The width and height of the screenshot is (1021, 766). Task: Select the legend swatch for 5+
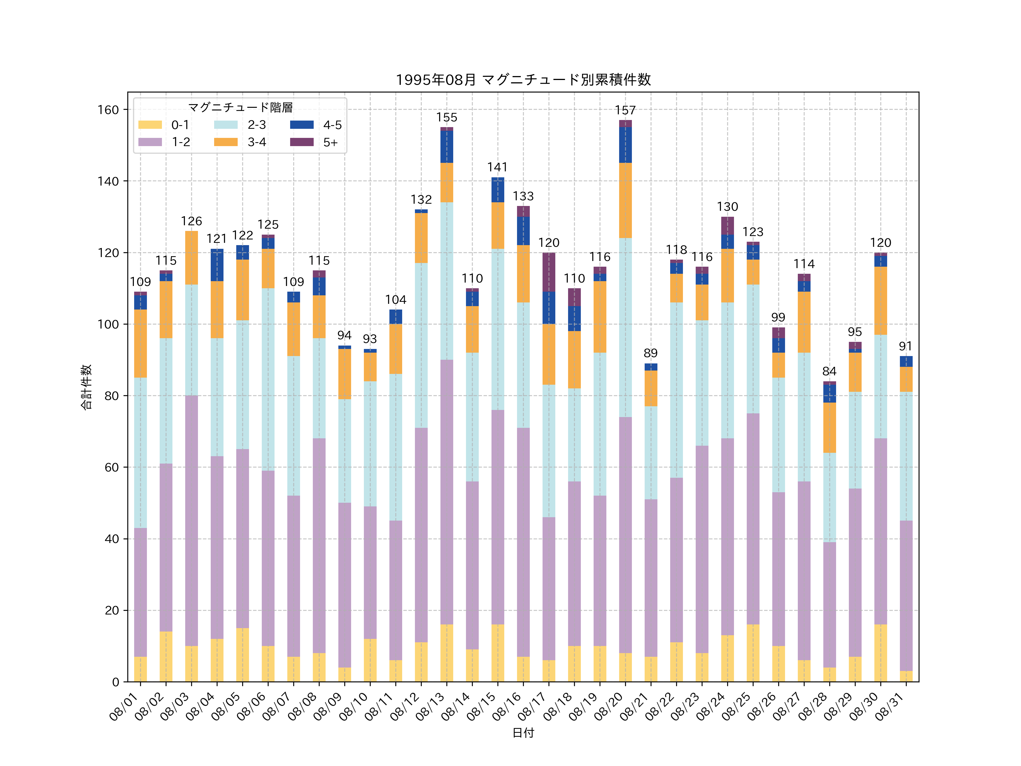pyautogui.click(x=301, y=142)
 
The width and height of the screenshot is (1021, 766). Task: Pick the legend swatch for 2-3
pyautogui.click(x=226, y=125)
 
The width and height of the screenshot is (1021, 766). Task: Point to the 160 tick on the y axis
pyautogui.click(x=108, y=110)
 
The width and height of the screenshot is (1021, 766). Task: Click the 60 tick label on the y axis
pyautogui.click(x=111, y=467)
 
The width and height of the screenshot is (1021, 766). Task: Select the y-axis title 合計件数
pyautogui.click(x=86, y=387)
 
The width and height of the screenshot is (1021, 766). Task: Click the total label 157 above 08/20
pyautogui.click(x=625, y=110)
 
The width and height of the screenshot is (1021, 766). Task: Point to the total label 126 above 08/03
pyautogui.click(x=191, y=221)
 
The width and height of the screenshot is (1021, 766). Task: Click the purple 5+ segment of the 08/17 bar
pyautogui.click(x=549, y=272)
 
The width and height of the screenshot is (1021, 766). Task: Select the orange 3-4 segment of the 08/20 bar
pyautogui.click(x=625, y=200)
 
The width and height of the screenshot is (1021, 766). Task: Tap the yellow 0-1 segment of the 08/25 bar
pyautogui.click(x=753, y=653)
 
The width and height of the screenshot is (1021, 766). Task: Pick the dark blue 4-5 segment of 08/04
pyautogui.click(x=217, y=265)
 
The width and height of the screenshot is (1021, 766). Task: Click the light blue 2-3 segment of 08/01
pyautogui.click(x=140, y=453)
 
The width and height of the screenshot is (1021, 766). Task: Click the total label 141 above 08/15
pyautogui.click(x=497, y=167)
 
